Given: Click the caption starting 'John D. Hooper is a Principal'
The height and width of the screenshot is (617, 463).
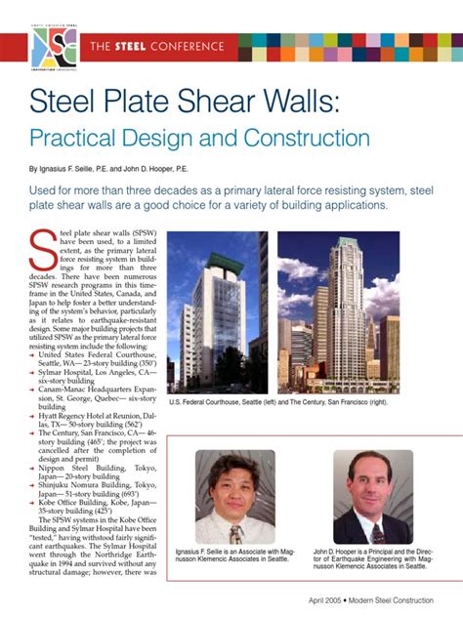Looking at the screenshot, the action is click(x=372, y=559).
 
